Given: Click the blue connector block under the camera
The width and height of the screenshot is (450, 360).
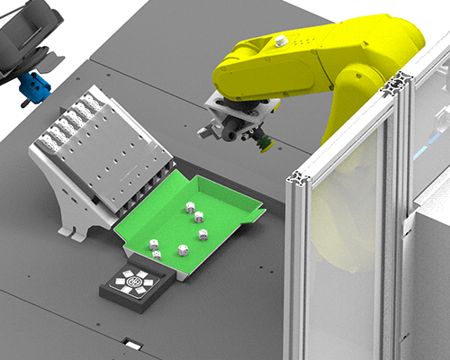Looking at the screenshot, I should click(x=35, y=86).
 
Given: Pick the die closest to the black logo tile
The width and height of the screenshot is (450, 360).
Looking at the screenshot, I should click(x=157, y=256).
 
